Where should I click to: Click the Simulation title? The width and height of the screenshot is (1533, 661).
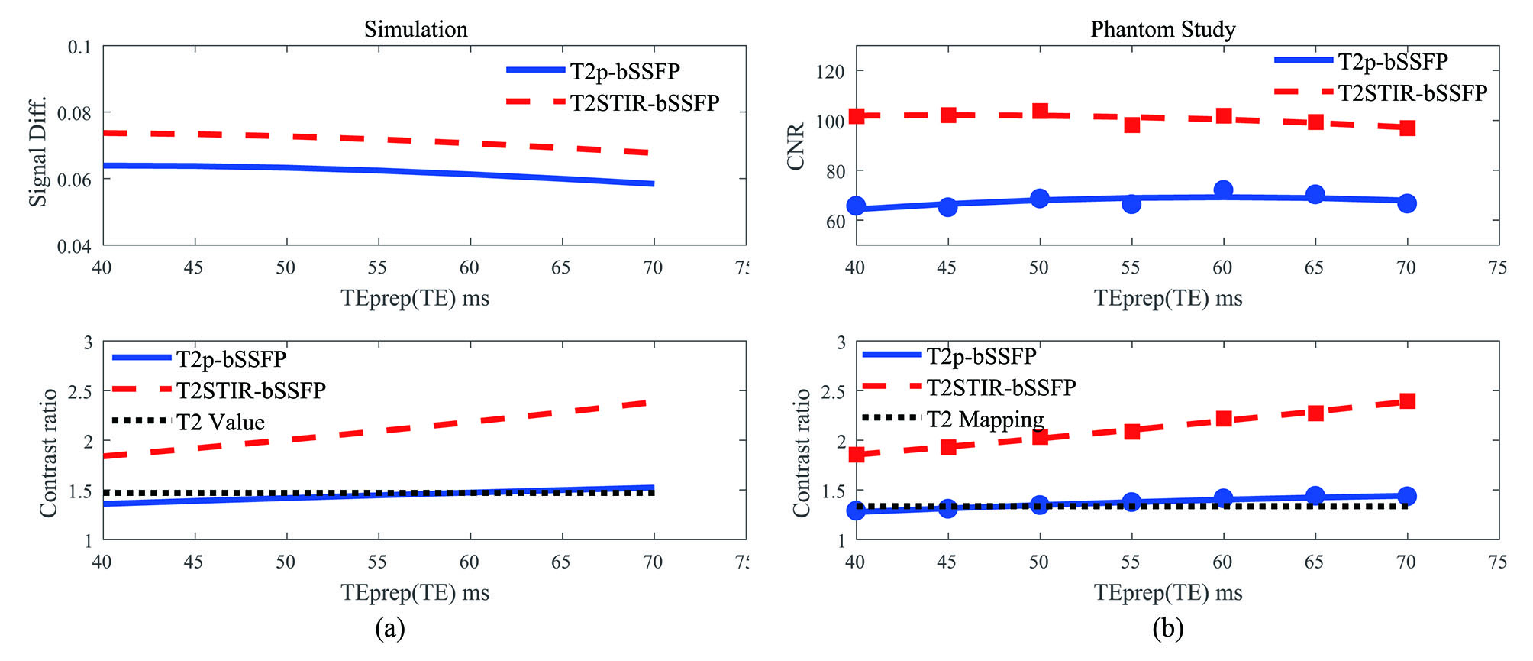click(x=415, y=29)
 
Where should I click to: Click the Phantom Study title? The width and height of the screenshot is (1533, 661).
click(x=1162, y=29)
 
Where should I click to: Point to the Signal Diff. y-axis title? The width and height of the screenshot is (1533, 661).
click(x=38, y=151)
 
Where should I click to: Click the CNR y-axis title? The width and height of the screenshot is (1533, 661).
click(x=796, y=147)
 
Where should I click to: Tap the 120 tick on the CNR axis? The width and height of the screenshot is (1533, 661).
click(x=831, y=72)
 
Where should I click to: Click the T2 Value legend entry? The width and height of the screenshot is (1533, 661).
click(x=221, y=422)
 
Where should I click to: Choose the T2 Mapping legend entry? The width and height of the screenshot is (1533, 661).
click(x=985, y=419)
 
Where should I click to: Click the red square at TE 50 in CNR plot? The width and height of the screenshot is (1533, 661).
click(x=1040, y=112)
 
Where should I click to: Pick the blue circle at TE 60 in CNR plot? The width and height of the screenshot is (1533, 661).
click(x=1223, y=190)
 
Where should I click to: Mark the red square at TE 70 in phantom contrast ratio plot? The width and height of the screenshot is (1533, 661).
click(x=1407, y=401)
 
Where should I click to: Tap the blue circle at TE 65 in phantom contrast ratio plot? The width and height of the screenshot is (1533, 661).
click(x=1315, y=495)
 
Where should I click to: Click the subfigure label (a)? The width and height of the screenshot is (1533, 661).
click(x=390, y=628)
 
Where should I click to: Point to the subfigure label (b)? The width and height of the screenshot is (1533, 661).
click(x=1168, y=628)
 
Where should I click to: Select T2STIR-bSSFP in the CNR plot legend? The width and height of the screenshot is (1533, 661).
click(x=1412, y=93)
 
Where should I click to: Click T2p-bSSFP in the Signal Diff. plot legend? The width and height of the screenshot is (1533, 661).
click(x=624, y=71)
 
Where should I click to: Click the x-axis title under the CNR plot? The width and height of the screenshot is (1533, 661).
click(x=1168, y=298)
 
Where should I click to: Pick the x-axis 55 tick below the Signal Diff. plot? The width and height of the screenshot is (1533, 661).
click(x=377, y=267)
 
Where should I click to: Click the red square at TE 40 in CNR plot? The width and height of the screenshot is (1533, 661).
click(x=856, y=116)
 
